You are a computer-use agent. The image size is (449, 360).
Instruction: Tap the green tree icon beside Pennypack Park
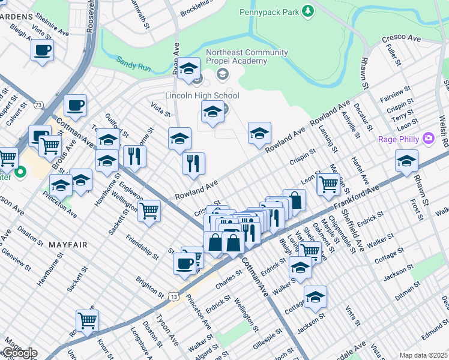click(308, 11)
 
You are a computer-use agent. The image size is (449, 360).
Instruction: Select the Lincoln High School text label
click(202, 96)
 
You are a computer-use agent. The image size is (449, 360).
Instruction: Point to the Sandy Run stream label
click(133, 62)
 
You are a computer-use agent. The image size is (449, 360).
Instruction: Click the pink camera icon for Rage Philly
click(428, 139)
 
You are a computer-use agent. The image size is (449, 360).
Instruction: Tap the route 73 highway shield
click(38, 104)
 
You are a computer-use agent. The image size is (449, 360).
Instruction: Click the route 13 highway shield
click(173, 296)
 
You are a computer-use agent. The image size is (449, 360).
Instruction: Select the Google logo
click(19, 353)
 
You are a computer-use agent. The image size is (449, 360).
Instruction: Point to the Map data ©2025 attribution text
click(423, 355)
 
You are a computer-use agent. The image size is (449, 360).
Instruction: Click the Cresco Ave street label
click(402, 38)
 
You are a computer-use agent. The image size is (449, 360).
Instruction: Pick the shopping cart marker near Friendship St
click(149, 210)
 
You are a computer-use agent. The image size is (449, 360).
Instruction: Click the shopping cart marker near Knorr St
click(87, 320)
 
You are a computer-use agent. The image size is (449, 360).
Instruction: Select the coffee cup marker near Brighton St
click(184, 262)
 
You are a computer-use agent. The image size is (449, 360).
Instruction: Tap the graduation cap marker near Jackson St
click(315, 296)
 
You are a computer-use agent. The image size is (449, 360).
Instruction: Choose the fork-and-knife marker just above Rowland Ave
click(193, 163)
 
